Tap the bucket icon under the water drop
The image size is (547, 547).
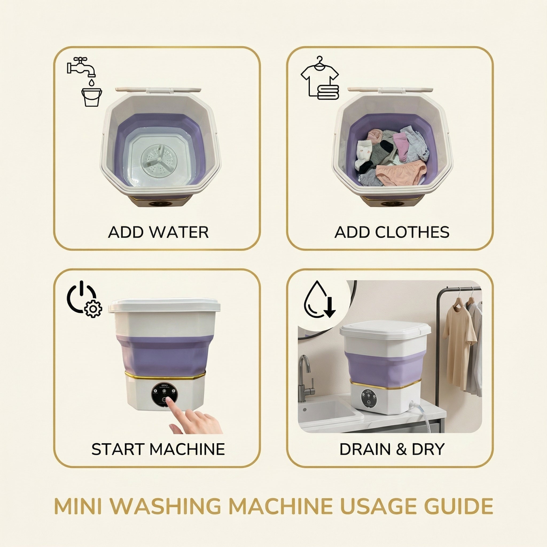click(91, 97)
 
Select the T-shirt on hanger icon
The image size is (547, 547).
click(319, 74)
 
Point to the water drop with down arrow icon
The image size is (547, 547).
click(319, 301)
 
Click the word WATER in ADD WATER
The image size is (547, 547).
click(179, 232)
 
